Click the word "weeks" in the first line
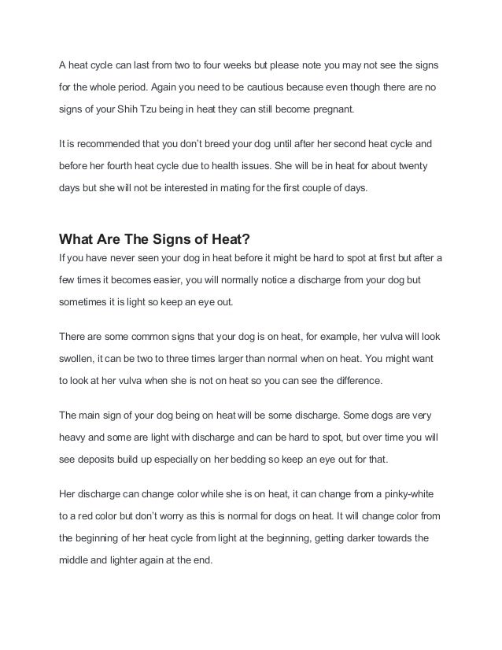pyautogui.click(x=232, y=63)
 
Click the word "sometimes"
pyautogui.click(x=84, y=301)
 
